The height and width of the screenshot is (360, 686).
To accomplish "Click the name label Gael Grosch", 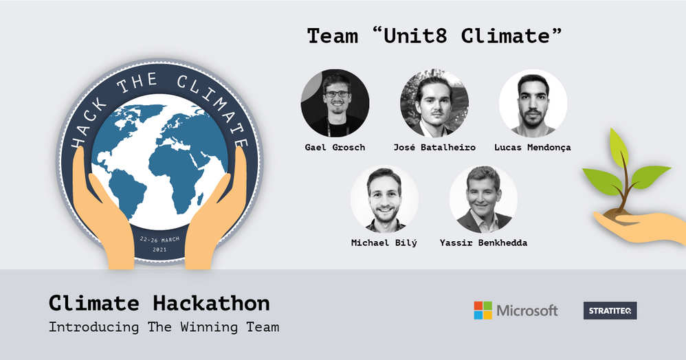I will [335, 147].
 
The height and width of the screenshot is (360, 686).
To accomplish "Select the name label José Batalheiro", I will [434, 147].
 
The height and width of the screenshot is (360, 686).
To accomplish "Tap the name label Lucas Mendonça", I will [533, 147].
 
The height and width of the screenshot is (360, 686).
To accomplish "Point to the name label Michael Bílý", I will [384, 243].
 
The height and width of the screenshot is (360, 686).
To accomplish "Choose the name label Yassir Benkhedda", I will [483, 243].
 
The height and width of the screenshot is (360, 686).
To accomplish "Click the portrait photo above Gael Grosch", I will [335, 103].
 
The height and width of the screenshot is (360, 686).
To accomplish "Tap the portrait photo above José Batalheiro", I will [434, 103].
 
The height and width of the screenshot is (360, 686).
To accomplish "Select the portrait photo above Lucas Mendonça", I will [533, 103].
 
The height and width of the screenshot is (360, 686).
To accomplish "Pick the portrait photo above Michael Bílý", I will [384, 199].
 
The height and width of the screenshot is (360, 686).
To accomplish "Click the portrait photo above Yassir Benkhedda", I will [483, 199].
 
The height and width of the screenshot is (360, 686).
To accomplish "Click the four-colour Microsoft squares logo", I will [483, 311].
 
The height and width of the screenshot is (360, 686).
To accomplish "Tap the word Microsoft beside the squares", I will [527, 311].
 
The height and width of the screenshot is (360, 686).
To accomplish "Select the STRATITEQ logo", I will [610, 311].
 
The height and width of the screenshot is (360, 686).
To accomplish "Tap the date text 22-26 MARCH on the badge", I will [160, 240].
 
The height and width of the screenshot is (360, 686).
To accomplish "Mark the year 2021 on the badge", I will [160, 250].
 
